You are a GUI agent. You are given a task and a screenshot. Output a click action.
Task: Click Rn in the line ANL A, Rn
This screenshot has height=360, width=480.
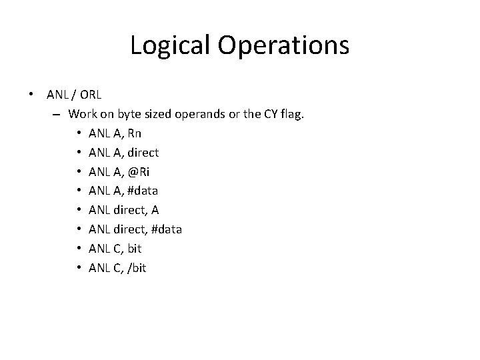pyautogui.click(x=133, y=133)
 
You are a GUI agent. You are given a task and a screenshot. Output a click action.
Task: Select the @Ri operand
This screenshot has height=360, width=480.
pyautogui.click(x=138, y=172)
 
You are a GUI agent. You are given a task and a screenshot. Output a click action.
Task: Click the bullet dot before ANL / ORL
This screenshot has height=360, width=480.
pyautogui.click(x=32, y=95)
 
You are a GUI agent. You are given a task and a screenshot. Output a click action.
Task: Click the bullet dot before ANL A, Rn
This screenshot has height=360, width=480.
pyautogui.click(x=78, y=133)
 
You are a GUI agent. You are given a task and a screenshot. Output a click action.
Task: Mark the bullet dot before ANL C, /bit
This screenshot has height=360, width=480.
pyautogui.click(x=78, y=268)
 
